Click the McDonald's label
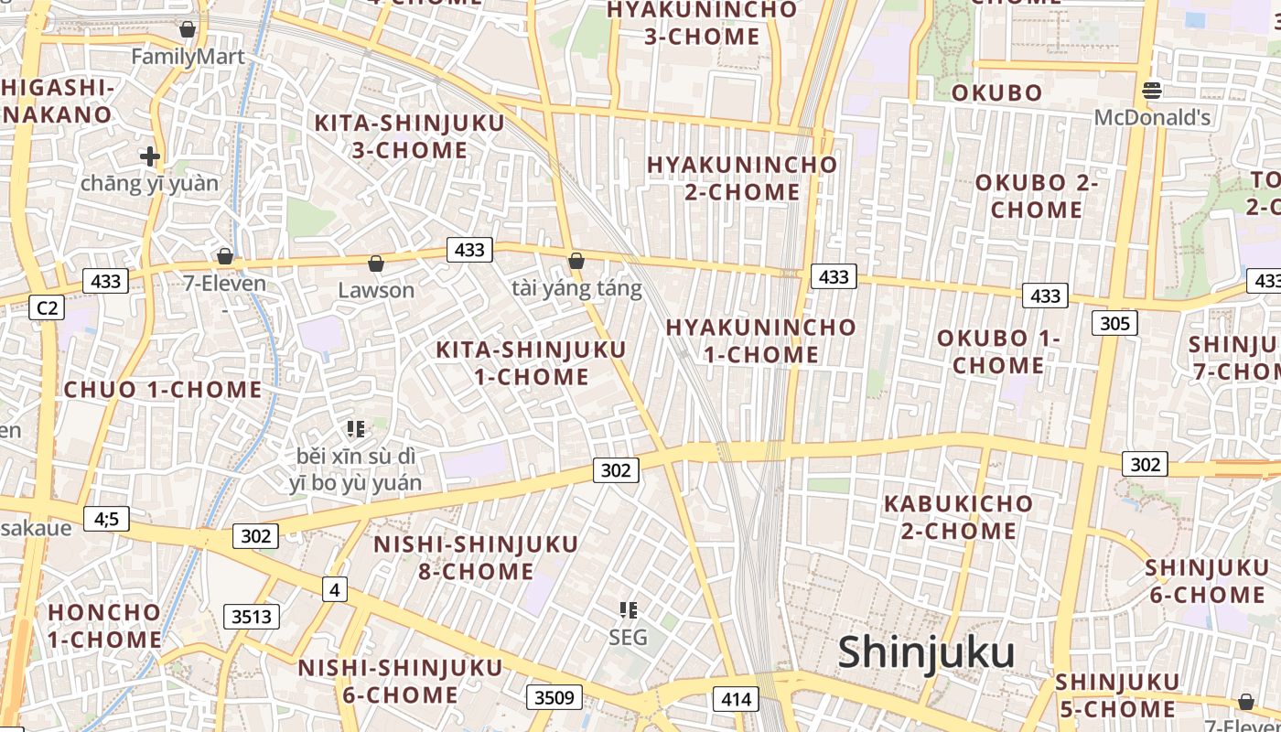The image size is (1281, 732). [x=1152, y=117]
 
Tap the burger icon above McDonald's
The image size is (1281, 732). [x=1152, y=90]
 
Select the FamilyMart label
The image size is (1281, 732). [x=188, y=57]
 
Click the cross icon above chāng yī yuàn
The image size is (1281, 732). [x=150, y=156]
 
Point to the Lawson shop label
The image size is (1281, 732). [x=376, y=290]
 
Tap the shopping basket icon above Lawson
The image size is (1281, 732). [x=375, y=264]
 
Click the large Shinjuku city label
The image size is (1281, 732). [x=926, y=652]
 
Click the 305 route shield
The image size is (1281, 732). [x=1114, y=322]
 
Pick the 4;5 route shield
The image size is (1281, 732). [x=106, y=519]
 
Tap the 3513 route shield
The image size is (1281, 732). [x=252, y=616]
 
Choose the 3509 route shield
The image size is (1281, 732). [x=554, y=697]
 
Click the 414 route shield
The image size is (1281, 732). [x=736, y=700]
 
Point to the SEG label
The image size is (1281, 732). [x=628, y=637]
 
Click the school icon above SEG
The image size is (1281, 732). [x=628, y=609]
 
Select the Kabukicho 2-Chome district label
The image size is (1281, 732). [x=958, y=517]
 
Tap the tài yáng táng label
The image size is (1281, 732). [x=576, y=289]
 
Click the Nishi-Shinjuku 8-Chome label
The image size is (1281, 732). [x=476, y=558]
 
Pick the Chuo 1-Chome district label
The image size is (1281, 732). [x=163, y=390]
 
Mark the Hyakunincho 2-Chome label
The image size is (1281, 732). [x=742, y=178]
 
